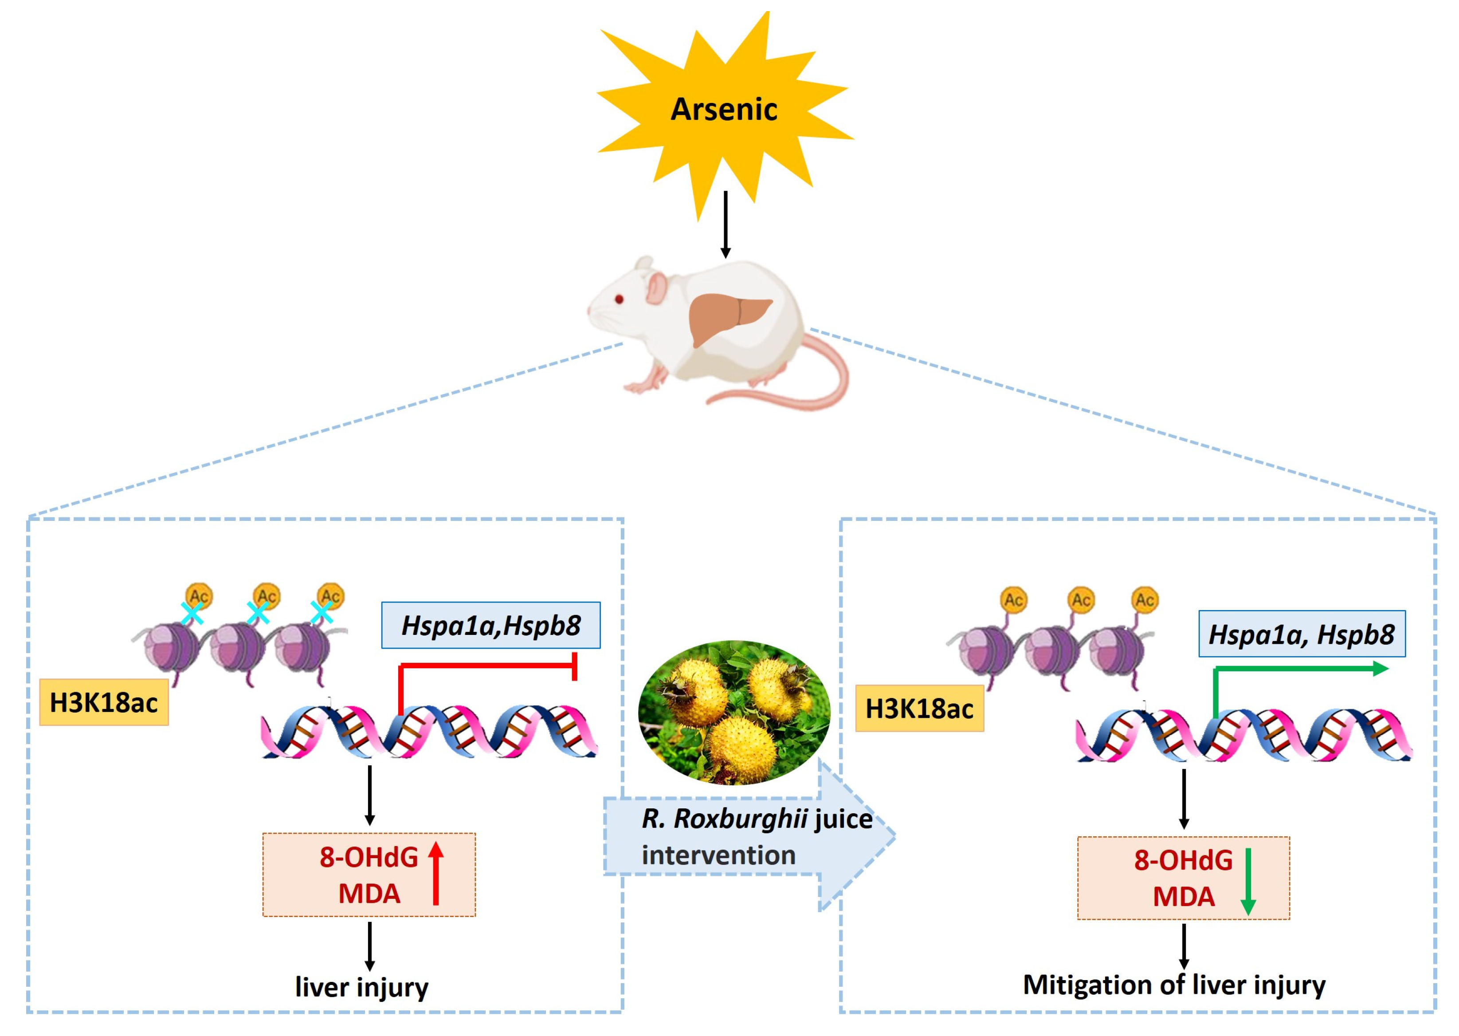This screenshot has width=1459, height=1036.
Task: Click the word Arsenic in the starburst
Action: [x=724, y=109]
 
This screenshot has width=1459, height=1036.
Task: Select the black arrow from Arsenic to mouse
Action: [x=725, y=223]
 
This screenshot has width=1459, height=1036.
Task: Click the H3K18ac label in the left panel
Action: [x=104, y=702]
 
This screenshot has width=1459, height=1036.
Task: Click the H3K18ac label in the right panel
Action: [x=919, y=709]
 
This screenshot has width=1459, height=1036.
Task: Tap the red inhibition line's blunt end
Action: [x=575, y=666]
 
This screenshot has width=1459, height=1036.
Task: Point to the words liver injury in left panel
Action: [x=361, y=987]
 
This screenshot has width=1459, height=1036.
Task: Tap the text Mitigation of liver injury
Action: [x=1174, y=985]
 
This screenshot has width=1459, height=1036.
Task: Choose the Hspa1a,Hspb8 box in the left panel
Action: [x=490, y=625]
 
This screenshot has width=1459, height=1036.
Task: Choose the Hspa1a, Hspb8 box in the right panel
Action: [x=1302, y=634]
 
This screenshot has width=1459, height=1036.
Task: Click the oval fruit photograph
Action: [x=734, y=712]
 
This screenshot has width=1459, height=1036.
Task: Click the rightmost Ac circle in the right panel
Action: [x=1145, y=600]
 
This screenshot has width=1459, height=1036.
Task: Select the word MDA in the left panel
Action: [x=369, y=894]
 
